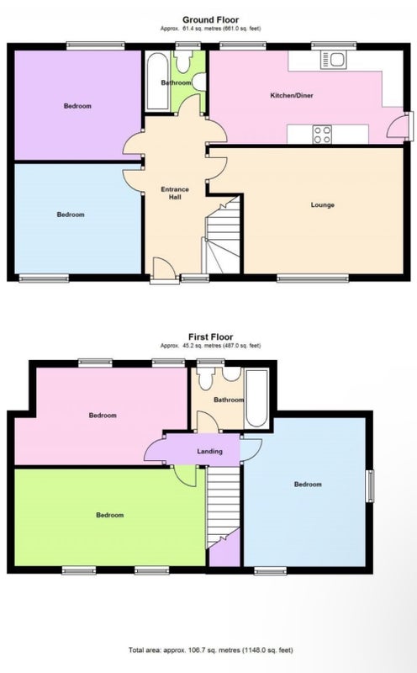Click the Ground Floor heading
tap(210, 19)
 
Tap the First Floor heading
tap(210, 337)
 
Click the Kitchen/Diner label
tap(292, 95)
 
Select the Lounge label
tap(323, 204)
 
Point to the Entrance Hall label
tap(175, 193)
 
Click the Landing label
tap(210, 451)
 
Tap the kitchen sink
tap(333, 60)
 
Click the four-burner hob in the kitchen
tap(322, 134)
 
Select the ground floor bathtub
tap(157, 82)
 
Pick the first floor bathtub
tap(257, 398)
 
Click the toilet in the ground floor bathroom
tap(184, 61)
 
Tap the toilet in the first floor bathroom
tap(206, 378)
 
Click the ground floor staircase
tap(222, 236)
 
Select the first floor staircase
tap(223, 507)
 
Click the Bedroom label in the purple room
tap(77, 106)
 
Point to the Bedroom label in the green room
tap(110, 515)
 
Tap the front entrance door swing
tap(164, 268)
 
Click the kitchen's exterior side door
tap(399, 127)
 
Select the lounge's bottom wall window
tap(313, 278)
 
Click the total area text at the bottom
tap(211, 649)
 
